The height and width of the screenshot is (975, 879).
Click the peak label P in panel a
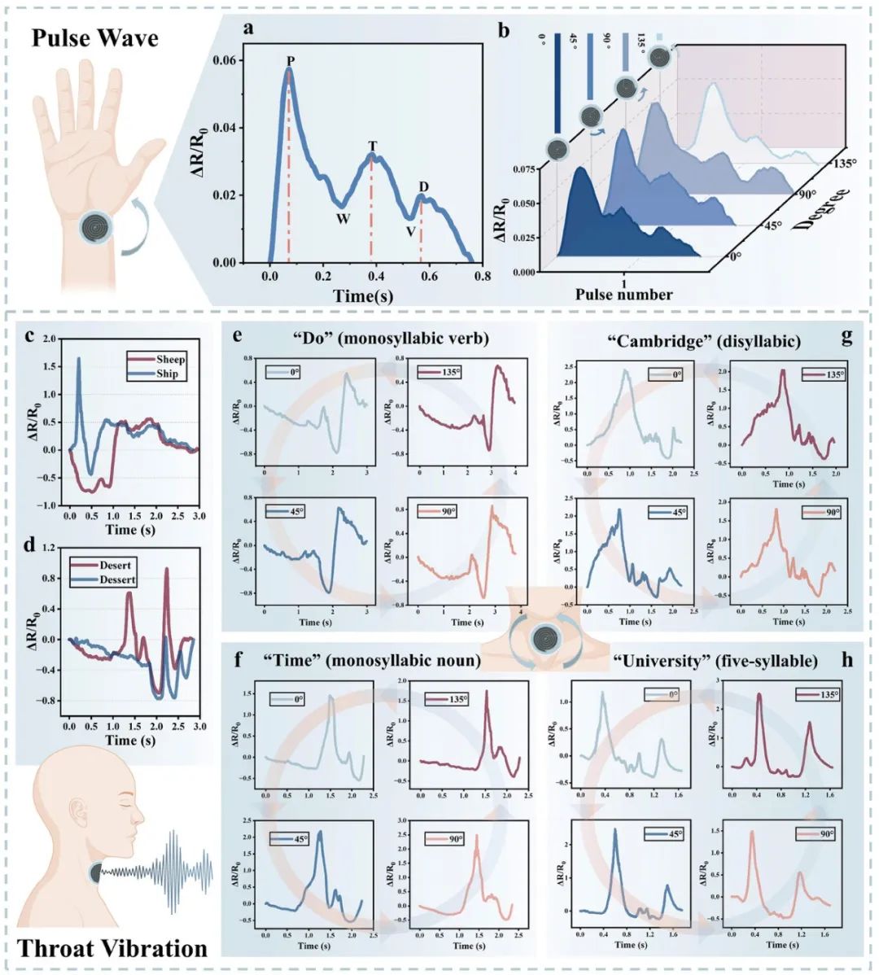(291, 61)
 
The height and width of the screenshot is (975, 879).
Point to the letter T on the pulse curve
(372, 146)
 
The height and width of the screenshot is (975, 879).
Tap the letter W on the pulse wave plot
(343, 219)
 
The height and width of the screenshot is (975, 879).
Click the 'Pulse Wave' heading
(94, 38)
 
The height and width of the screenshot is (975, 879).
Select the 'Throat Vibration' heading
(112, 948)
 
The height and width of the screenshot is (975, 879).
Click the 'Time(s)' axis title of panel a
(362, 296)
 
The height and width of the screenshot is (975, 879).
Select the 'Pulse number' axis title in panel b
(624, 295)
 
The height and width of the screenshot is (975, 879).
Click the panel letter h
(847, 660)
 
